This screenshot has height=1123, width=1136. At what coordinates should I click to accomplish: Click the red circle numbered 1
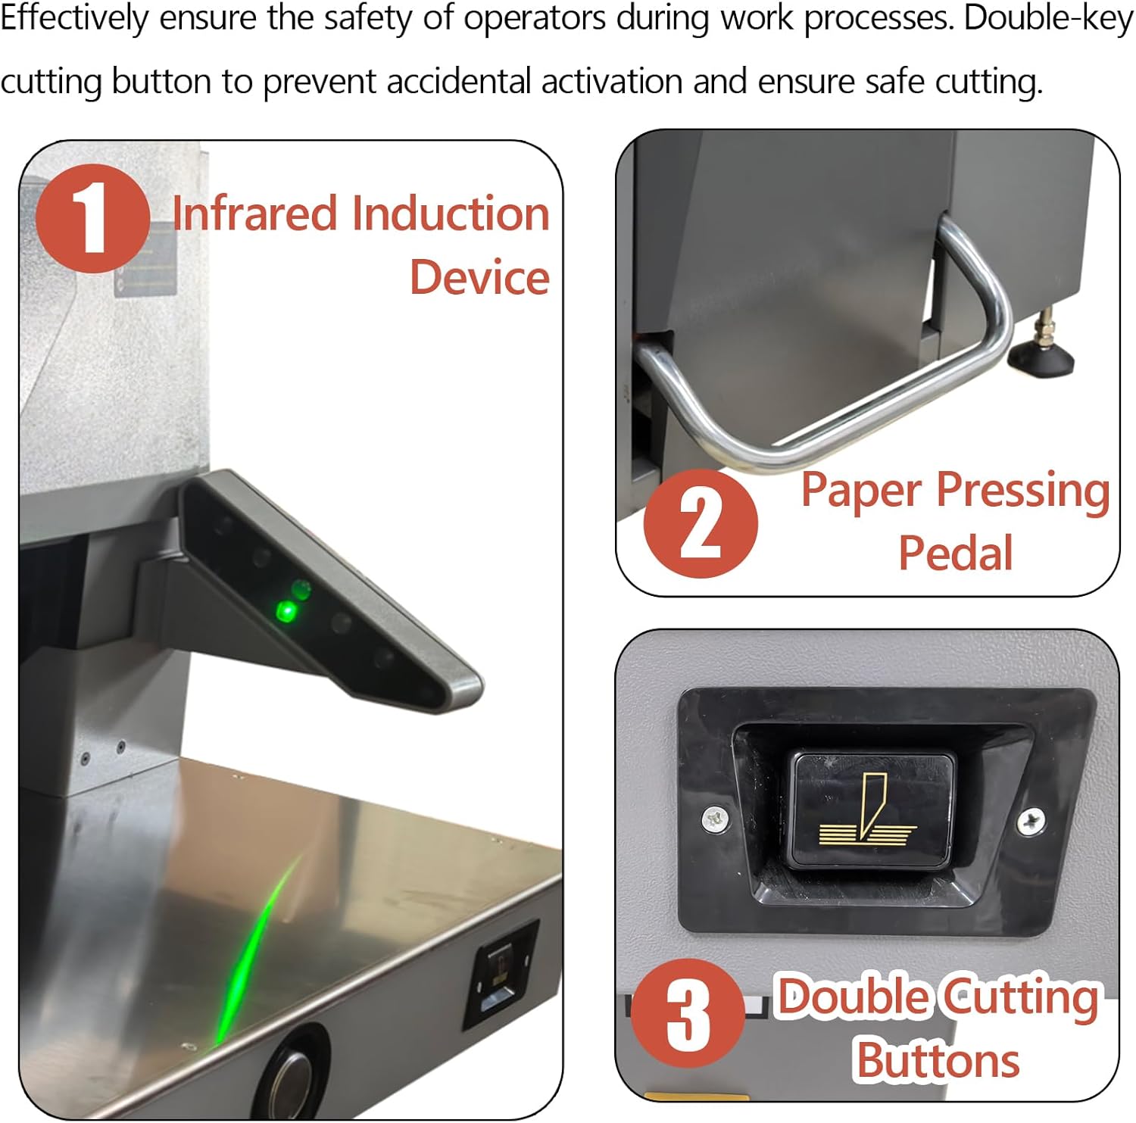click(x=92, y=219)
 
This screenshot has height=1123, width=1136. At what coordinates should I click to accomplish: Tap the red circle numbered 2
click(x=701, y=523)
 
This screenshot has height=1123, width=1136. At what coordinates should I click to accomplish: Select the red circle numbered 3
click(x=688, y=1014)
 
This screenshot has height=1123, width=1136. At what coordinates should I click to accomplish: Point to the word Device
click(x=479, y=277)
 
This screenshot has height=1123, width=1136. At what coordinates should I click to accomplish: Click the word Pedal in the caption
click(x=956, y=553)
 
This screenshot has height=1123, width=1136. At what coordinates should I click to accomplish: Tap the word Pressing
click(x=1023, y=491)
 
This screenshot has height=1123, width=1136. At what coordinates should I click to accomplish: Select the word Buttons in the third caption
click(x=938, y=1060)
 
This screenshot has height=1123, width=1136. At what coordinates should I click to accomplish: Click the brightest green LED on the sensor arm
click(x=286, y=610)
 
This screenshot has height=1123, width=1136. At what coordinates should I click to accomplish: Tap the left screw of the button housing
click(x=714, y=818)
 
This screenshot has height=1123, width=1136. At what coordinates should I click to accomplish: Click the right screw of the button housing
click(x=1031, y=820)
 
